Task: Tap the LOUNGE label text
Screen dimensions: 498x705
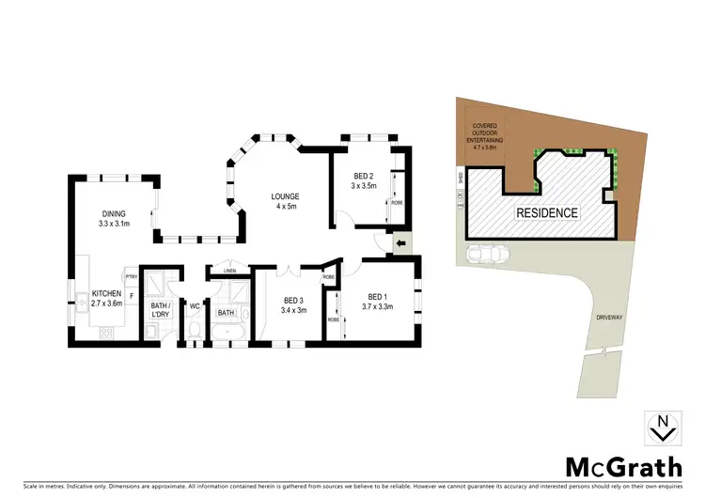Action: (285, 196)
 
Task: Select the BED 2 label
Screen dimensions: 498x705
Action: (364, 177)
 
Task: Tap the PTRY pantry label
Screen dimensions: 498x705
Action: (132, 277)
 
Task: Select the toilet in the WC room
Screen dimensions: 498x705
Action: (194, 329)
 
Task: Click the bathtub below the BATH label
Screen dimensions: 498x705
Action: (227, 334)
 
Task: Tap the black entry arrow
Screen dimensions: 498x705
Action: (402, 246)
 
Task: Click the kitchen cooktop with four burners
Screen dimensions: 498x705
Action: (107, 333)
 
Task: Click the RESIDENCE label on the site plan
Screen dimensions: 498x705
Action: (546, 212)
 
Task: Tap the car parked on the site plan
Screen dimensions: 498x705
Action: (489, 255)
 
